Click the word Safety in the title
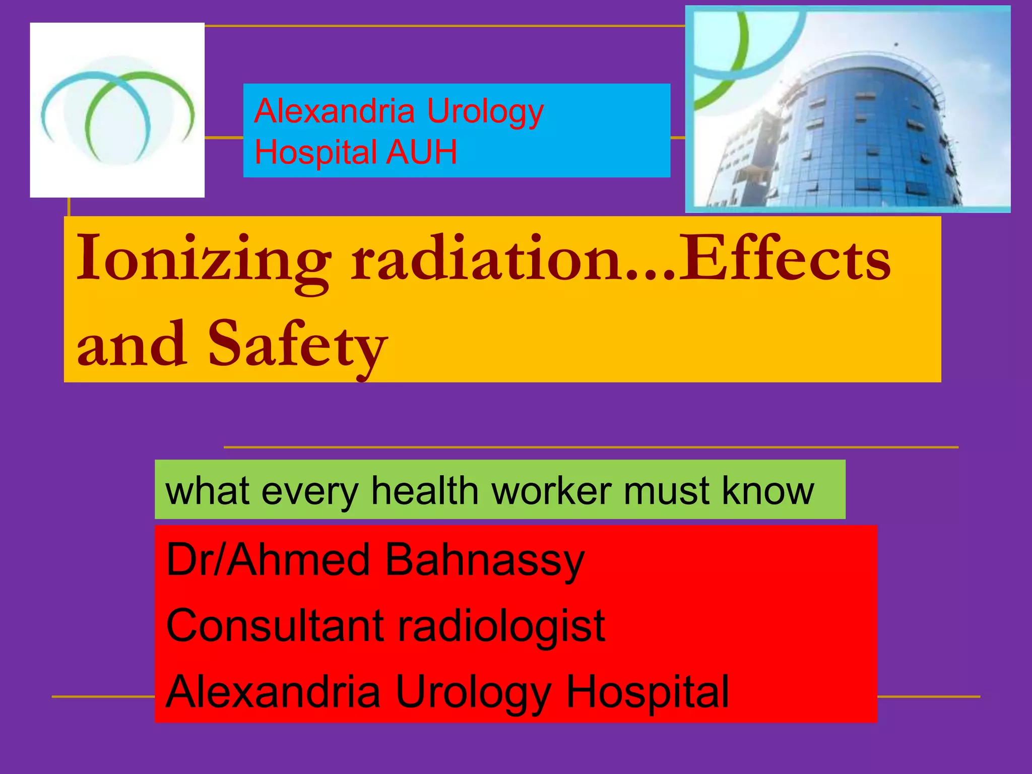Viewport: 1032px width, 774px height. click(x=297, y=345)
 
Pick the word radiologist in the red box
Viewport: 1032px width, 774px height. click(x=501, y=626)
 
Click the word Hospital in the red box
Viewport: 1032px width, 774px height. click(x=648, y=692)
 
